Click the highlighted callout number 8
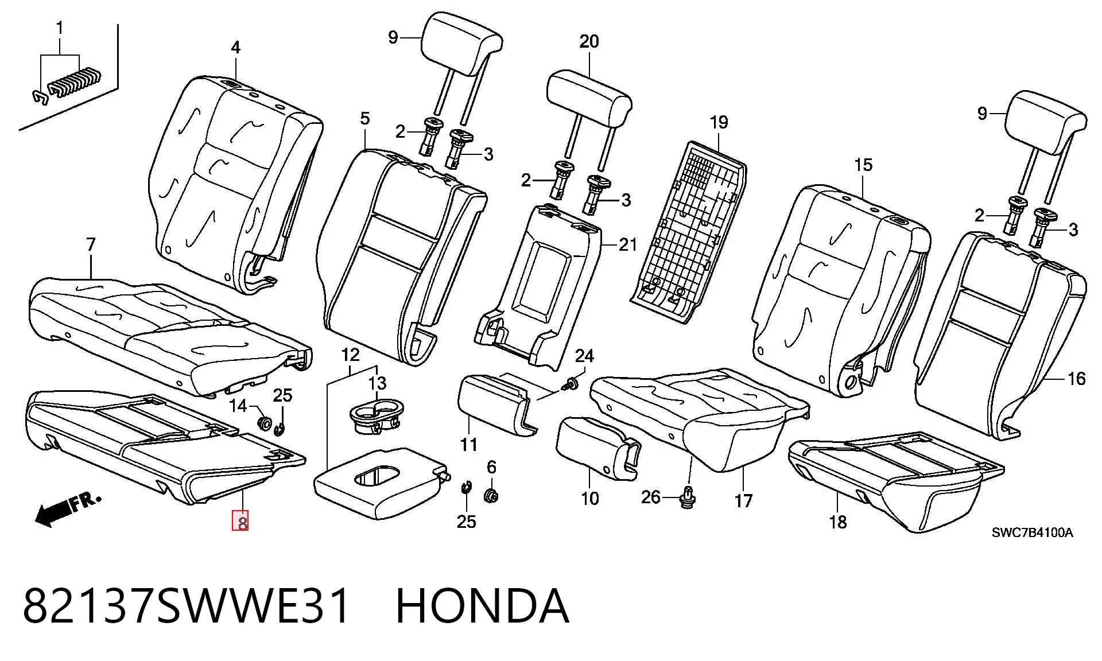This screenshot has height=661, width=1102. click(240, 522)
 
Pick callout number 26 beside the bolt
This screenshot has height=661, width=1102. click(650, 496)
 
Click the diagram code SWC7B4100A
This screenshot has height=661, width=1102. click(1032, 533)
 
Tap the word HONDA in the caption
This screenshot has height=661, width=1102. click(482, 606)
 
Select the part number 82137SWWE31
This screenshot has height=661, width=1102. click(187, 606)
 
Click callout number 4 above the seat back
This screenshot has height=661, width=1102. click(236, 48)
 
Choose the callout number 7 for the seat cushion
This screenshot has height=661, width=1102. click(90, 244)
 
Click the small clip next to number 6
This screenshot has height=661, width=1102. click(466, 488)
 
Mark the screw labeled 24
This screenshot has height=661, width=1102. click(571, 383)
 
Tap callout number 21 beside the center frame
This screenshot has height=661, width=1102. click(628, 245)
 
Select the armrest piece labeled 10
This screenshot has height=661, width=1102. click(597, 448)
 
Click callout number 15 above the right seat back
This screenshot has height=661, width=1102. click(863, 165)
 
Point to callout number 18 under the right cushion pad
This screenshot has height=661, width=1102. click(838, 522)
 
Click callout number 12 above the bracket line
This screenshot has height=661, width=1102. click(350, 355)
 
